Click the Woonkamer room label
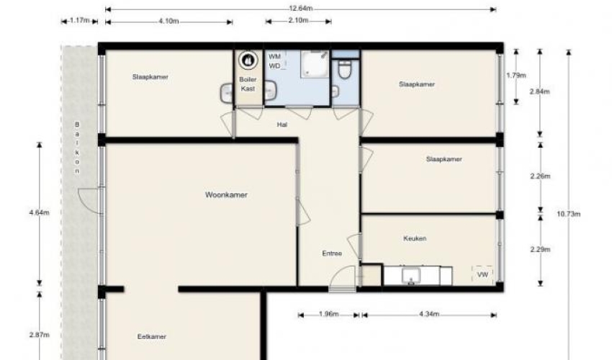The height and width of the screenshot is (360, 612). (226, 195)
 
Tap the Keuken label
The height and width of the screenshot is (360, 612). (415, 238)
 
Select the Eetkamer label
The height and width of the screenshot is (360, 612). (152, 336)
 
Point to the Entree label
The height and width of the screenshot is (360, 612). (332, 253)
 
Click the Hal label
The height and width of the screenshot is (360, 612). (282, 125)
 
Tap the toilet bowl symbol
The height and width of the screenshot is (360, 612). (345, 70)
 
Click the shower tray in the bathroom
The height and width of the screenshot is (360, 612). (315, 64)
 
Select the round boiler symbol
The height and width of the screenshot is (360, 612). (248, 60)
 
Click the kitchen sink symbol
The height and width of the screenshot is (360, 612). (411, 276)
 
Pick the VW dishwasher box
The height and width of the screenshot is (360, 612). (483, 275)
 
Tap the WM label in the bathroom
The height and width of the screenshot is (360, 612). (274, 57)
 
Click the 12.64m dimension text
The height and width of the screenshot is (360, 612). (300, 9)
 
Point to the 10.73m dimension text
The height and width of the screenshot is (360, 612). (569, 214)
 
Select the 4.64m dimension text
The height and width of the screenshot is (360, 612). (39, 213)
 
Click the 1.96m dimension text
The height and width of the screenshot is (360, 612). (328, 315)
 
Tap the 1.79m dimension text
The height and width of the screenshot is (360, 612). (516, 76)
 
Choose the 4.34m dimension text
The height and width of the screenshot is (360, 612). (429, 315)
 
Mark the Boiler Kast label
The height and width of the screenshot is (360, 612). (248, 84)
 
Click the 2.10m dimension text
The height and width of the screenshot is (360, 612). (298, 20)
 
